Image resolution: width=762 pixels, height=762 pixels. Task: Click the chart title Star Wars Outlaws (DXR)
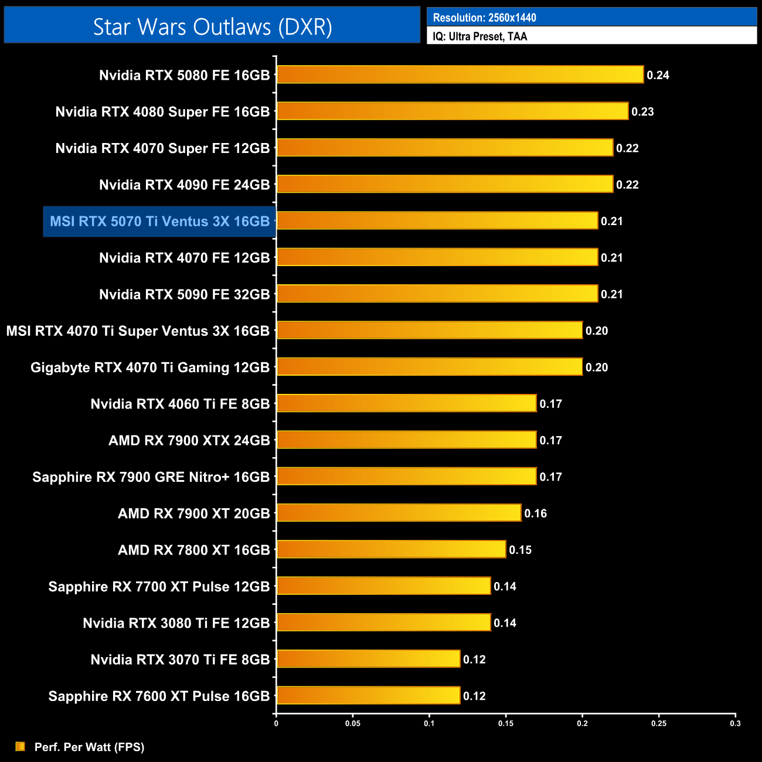(x=212, y=27)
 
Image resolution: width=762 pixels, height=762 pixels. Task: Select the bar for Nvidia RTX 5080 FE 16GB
(x=460, y=74)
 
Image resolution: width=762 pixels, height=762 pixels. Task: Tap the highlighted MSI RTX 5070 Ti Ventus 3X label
(x=159, y=222)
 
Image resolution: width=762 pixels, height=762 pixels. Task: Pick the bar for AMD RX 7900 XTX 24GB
(x=406, y=440)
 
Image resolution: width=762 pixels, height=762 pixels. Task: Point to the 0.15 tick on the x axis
(x=506, y=723)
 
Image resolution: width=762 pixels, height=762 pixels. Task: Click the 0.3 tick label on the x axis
(x=735, y=723)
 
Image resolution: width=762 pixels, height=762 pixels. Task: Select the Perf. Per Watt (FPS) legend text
(x=89, y=747)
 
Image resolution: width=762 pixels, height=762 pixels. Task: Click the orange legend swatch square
(x=21, y=746)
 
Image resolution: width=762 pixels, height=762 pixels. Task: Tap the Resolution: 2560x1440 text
(x=484, y=18)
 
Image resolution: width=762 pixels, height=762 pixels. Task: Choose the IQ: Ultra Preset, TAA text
(x=480, y=36)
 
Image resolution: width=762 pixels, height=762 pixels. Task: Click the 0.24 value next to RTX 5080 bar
(x=658, y=75)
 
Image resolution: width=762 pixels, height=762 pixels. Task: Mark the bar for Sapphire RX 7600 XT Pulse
(x=368, y=695)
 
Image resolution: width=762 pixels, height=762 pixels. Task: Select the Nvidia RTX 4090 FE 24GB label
(x=184, y=185)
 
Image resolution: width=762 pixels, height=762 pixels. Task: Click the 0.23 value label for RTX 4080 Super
(x=642, y=111)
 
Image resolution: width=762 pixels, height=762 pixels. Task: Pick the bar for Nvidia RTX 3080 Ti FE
(x=383, y=622)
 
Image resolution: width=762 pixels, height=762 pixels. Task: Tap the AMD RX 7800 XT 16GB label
(x=193, y=550)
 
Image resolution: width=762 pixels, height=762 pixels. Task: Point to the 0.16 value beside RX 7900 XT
(x=535, y=513)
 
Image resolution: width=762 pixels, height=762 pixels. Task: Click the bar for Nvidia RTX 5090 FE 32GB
(x=437, y=294)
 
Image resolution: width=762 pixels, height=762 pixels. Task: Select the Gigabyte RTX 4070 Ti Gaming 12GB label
(x=150, y=368)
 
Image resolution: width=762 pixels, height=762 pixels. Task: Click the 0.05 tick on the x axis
(x=353, y=723)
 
